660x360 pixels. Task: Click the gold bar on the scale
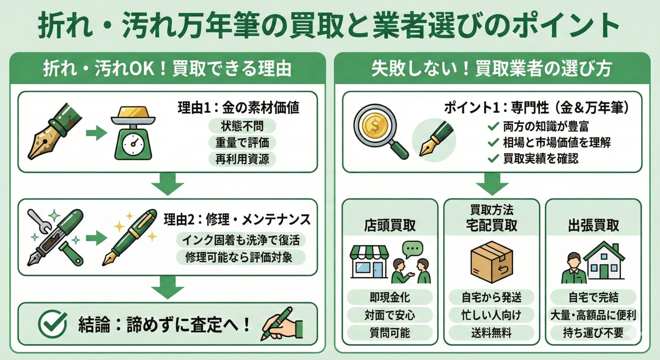point(133,113)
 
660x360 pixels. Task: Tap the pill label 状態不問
point(242,126)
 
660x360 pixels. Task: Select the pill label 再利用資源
point(242,159)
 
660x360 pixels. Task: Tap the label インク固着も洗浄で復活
point(241,240)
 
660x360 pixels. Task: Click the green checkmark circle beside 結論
point(52,324)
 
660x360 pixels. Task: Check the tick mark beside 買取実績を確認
point(493,159)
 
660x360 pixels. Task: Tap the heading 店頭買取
point(390,226)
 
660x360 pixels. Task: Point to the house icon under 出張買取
point(604,261)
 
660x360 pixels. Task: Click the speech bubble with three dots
point(412,249)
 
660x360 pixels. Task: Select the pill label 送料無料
point(491,333)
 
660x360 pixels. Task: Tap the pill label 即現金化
point(390,297)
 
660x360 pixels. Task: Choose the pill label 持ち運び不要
point(593,333)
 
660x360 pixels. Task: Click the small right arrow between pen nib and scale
point(96,133)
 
